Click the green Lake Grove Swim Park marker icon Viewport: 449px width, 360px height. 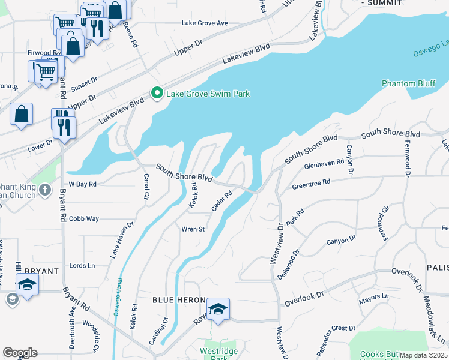coord(157,93)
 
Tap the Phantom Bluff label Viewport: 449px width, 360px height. coord(409,83)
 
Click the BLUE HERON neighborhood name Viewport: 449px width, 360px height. coord(179,300)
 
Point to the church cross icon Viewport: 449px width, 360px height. coord(44,191)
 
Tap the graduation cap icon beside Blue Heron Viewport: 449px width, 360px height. coord(218,309)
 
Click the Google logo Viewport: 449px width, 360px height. coord(20,353)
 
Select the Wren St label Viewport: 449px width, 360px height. coord(193,229)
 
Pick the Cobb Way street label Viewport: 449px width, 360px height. coord(84,219)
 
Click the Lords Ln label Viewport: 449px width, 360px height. coord(82,265)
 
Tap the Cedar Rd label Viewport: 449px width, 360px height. coord(221,201)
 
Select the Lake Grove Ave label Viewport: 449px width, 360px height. coord(205,23)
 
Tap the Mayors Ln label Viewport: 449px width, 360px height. coord(373,296)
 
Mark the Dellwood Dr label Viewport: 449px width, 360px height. coord(288,265)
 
